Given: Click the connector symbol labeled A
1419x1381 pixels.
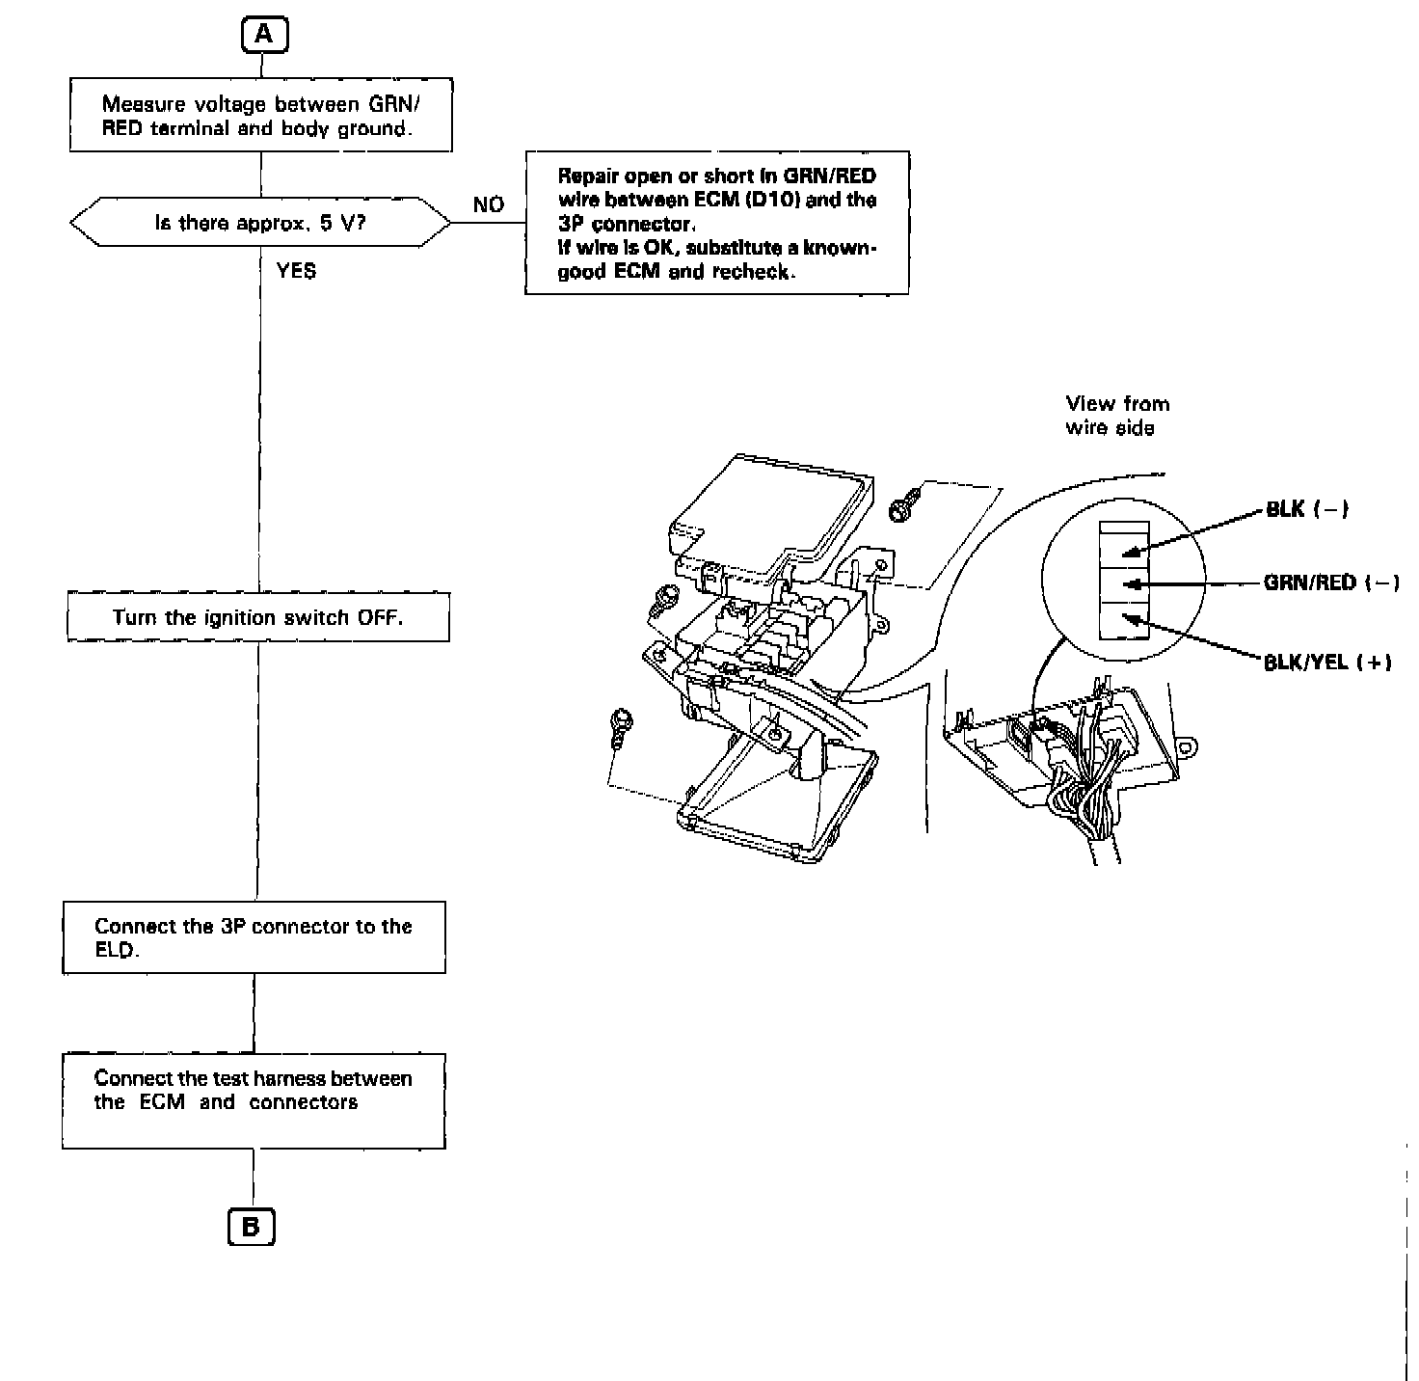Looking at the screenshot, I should point(264,36).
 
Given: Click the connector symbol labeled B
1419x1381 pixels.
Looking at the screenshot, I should point(251,1227).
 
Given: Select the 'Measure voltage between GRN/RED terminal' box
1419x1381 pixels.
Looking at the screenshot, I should point(260,116).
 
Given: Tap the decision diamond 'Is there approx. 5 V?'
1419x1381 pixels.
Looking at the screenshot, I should point(260,223).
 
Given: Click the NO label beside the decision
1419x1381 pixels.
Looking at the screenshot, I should point(489,205).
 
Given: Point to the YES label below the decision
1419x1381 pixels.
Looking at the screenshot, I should point(296,271).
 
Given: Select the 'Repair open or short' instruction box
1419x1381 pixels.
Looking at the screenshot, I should point(716,223).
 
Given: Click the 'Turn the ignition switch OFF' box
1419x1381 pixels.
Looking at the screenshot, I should point(257,617).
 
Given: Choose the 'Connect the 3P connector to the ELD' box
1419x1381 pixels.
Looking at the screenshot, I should point(254,937).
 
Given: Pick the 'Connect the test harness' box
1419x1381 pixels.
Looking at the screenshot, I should point(254,1100).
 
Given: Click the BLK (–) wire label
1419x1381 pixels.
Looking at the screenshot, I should point(1307,509).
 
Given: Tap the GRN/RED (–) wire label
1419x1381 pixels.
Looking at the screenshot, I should point(1331,582).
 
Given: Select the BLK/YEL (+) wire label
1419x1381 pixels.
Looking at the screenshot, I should point(1327,662).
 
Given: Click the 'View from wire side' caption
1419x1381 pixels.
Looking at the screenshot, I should point(1116,416).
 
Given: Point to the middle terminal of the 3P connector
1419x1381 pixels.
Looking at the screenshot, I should point(1124,584).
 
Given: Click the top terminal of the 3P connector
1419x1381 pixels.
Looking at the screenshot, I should point(1124,549).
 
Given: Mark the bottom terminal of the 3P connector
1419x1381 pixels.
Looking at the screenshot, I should point(1124,620).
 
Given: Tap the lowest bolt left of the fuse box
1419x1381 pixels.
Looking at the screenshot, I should point(622,721).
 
